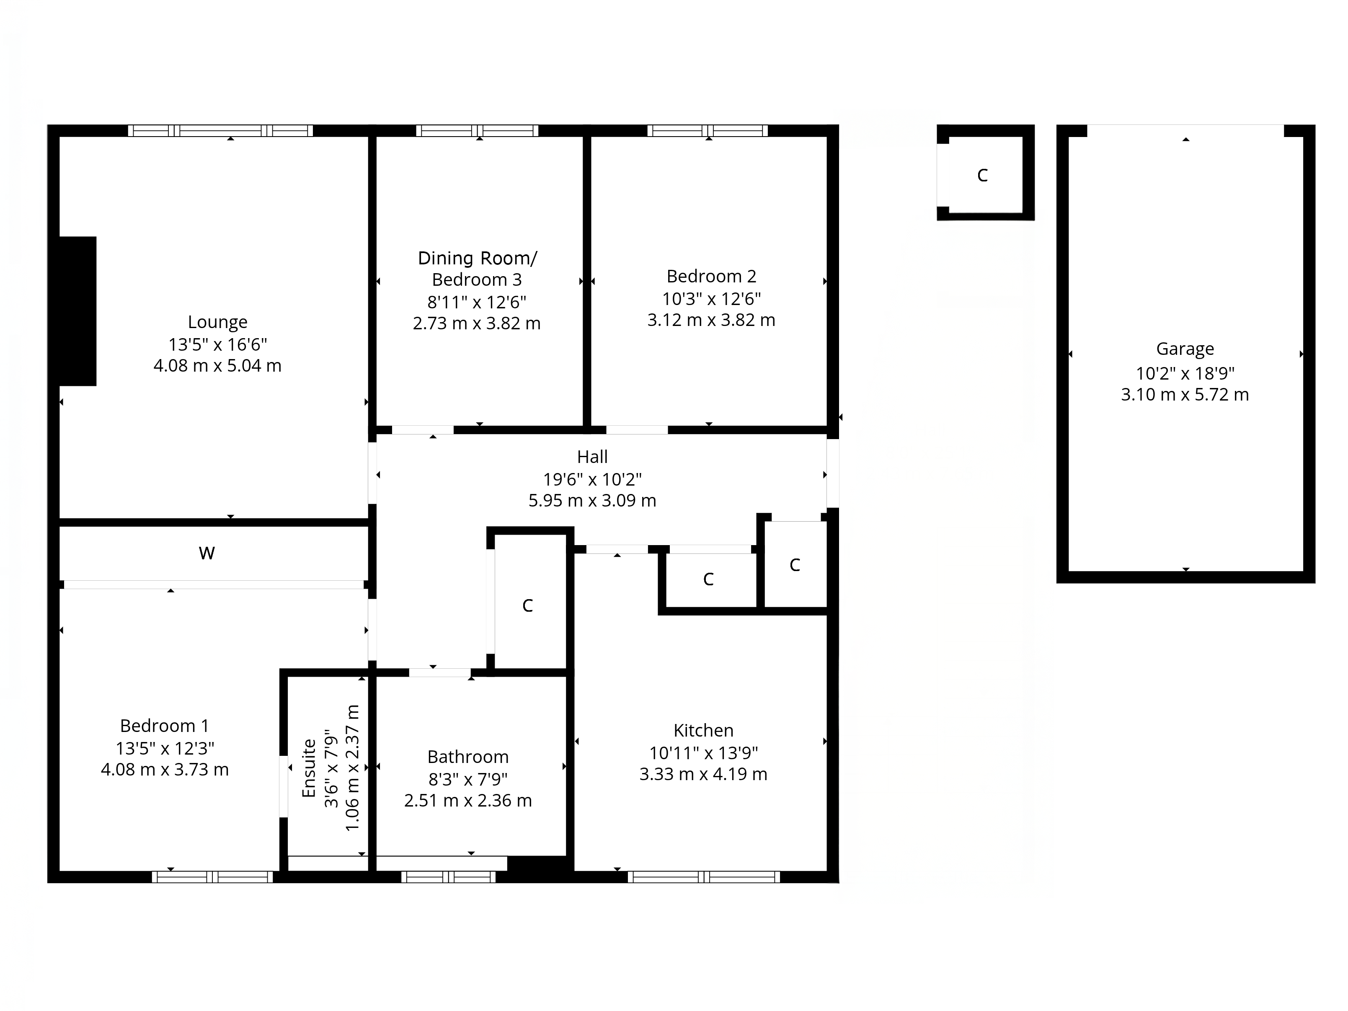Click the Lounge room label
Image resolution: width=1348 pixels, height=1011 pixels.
click(217, 322)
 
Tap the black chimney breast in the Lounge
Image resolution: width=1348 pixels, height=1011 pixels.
click(77, 311)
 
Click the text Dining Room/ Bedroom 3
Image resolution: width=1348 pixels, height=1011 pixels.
click(477, 269)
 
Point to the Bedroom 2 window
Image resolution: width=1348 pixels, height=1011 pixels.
click(708, 130)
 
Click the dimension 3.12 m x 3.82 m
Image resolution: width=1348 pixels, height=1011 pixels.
click(711, 320)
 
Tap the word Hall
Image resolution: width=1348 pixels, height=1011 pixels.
click(592, 456)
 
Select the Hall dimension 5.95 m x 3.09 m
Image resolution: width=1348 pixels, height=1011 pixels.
click(592, 500)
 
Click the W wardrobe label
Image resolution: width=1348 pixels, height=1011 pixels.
click(207, 553)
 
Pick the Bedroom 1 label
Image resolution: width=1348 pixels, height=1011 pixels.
click(165, 726)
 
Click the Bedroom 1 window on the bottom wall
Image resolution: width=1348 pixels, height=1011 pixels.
click(212, 877)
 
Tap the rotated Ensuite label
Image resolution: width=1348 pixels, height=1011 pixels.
click(309, 768)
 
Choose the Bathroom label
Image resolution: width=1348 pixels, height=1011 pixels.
click(468, 757)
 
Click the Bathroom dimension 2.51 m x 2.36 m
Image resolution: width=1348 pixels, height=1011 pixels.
click(468, 800)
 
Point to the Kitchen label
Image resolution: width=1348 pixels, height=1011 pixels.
click(703, 730)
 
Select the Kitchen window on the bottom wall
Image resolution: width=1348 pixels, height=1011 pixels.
click(704, 877)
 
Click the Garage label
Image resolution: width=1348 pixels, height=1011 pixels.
click(1185, 349)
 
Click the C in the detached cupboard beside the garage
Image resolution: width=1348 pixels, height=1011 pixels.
click(982, 176)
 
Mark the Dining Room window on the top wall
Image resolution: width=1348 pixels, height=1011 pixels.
click(477, 130)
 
